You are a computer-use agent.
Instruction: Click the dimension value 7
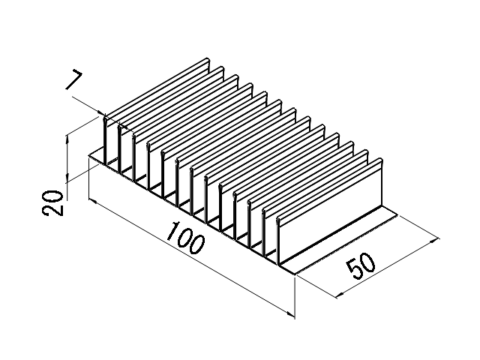click(74, 80)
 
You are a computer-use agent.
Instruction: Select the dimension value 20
click(52, 203)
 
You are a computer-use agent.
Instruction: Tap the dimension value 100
click(185, 238)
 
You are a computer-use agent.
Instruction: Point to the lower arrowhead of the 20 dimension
click(67, 177)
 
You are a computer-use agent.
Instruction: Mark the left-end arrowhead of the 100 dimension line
click(93, 201)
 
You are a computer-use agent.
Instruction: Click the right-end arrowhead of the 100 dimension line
click(290, 313)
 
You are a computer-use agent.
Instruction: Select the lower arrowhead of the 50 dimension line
click(340, 295)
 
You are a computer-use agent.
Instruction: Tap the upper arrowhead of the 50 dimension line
click(434, 240)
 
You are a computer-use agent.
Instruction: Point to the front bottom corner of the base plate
click(295, 274)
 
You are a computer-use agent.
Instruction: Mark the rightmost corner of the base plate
click(397, 215)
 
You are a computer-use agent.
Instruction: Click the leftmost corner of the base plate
click(88, 156)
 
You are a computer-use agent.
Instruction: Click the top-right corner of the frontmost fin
click(382, 159)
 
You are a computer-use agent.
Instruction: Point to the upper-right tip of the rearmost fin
click(208, 58)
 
